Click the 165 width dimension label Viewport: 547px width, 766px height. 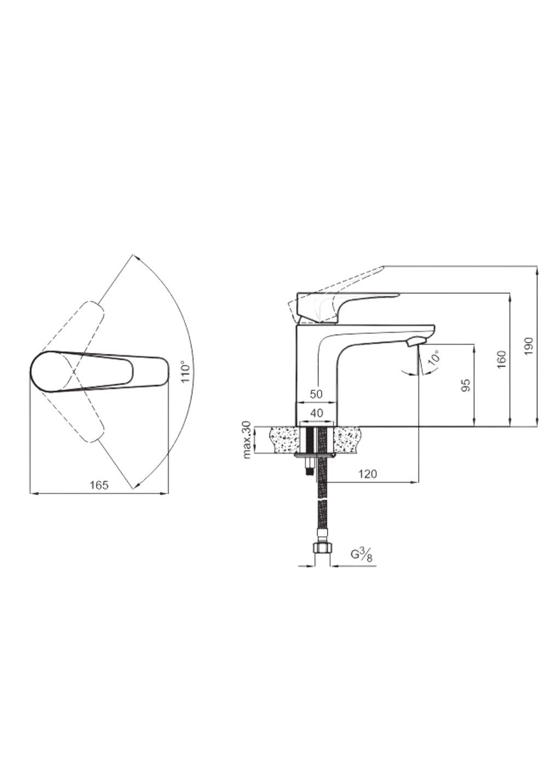point(99,485)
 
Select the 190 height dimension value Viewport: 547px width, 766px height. point(529,346)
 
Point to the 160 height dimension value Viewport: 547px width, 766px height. point(502,359)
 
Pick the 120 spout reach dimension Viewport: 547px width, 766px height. point(368,474)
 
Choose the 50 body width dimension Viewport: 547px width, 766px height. point(316,394)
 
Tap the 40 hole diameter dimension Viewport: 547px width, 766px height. point(317,413)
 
